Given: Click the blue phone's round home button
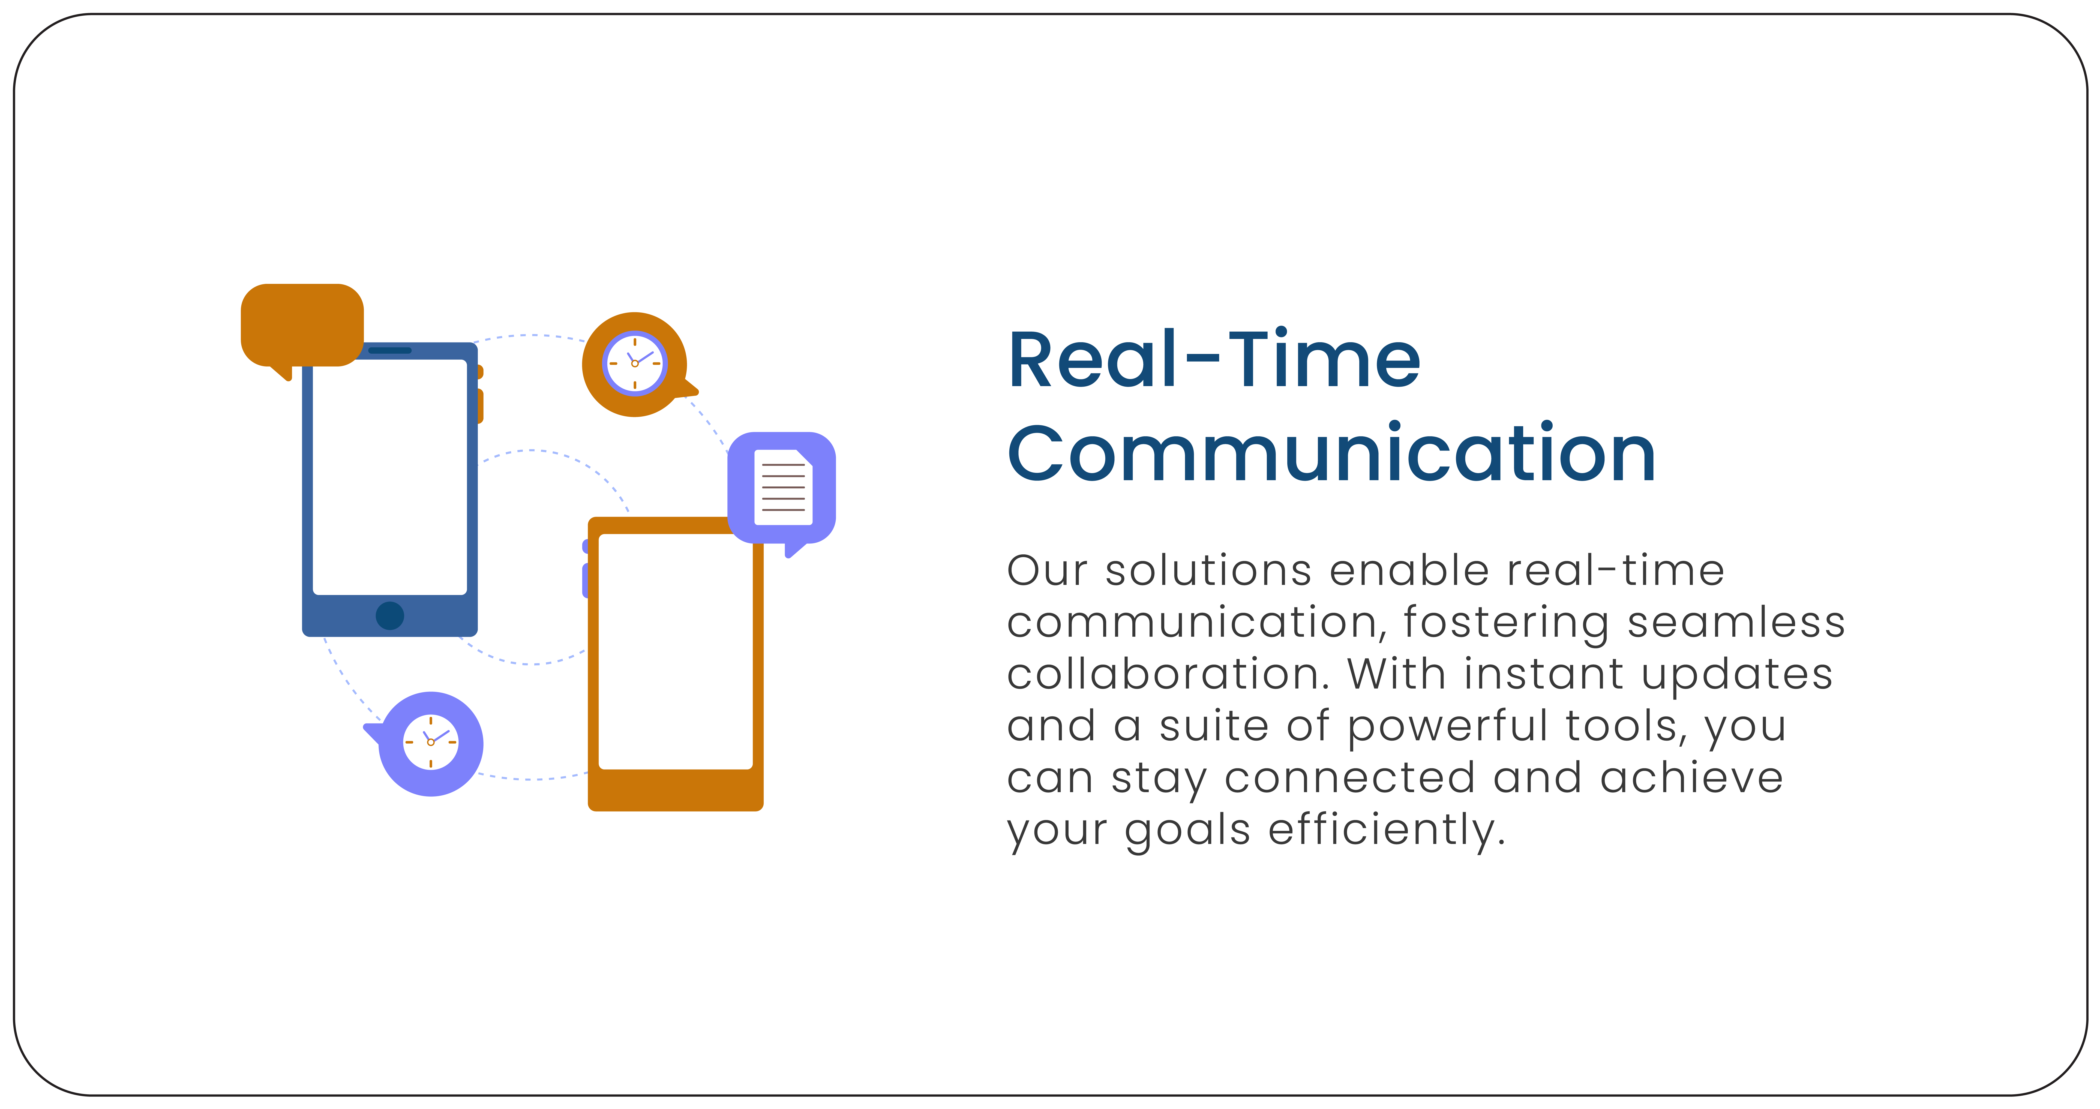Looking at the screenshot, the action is (x=390, y=615).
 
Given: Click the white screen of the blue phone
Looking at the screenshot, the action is (x=390, y=477).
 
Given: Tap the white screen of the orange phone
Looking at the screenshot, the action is (x=675, y=652).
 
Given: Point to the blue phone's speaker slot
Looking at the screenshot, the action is (x=390, y=350).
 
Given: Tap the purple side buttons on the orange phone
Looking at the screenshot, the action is (x=585, y=568).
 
